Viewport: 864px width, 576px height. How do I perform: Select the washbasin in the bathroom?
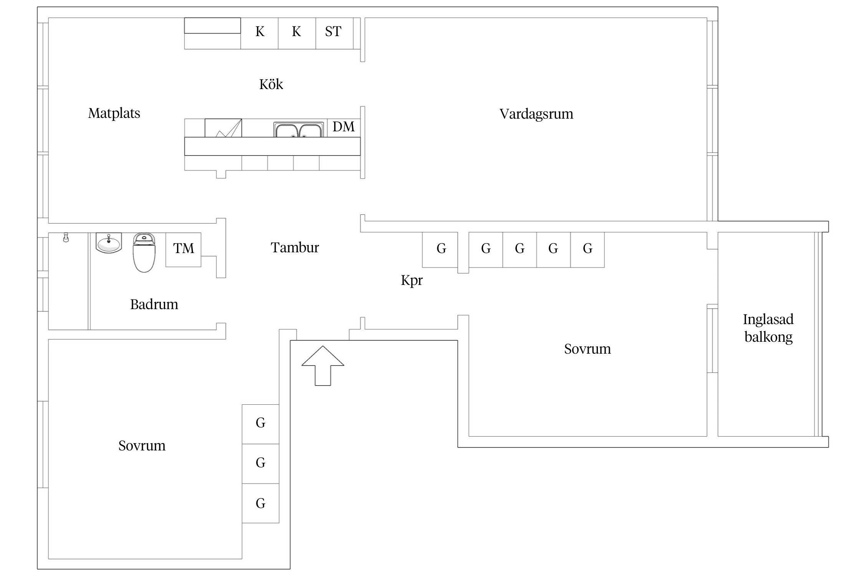(x=109, y=243)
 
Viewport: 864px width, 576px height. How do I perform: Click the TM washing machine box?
(x=184, y=249)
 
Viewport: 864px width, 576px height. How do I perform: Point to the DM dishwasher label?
(x=343, y=127)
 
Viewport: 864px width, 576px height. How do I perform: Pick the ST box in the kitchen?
(x=333, y=32)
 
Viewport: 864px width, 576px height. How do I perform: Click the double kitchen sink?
(x=298, y=130)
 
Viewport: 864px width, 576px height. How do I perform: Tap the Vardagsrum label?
(x=536, y=114)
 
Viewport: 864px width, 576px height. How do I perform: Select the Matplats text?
(x=114, y=114)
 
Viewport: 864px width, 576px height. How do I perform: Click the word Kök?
(x=271, y=84)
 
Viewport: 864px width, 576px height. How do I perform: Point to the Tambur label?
(x=295, y=248)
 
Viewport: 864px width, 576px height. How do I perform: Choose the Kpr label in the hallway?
(x=412, y=280)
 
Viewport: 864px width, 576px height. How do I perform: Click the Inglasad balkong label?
(x=768, y=328)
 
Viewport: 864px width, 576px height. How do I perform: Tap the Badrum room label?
(x=154, y=305)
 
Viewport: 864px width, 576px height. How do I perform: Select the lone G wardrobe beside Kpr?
(x=440, y=249)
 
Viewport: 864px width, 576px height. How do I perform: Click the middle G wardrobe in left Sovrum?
(x=260, y=463)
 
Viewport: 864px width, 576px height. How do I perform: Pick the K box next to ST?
(x=296, y=32)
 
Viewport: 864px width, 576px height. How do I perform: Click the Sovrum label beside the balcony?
(x=587, y=349)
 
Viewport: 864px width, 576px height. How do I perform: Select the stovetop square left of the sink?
(x=223, y=128)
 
